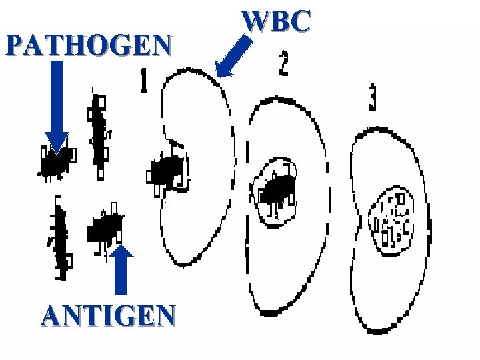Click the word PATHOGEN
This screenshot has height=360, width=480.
(x=88, y=45)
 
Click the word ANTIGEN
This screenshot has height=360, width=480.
(x=109, y=315)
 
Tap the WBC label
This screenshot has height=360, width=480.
(x=277, y=21)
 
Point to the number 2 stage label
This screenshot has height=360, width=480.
(x=283, y=63)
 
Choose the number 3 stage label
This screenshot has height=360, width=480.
(x=372, y=98)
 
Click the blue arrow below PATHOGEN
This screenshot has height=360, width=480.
(x=57, y=107)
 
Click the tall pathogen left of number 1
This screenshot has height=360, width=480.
(x=99, y=133)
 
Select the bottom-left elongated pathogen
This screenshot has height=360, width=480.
(x=60, y=237)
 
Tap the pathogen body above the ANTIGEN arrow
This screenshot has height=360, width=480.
(x=106, y=229)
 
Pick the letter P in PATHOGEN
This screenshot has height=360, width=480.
(x=14, y=45)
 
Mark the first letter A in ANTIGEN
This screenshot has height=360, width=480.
(x=53, y=315)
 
